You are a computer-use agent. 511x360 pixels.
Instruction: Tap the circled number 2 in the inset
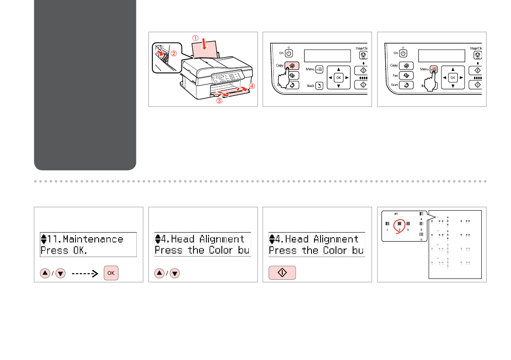[174, 54]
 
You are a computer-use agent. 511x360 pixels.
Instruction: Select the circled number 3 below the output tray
[219, 101]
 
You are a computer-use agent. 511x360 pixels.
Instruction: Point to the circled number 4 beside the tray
[252, 86]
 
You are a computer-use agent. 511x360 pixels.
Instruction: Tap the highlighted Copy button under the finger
[288, 66]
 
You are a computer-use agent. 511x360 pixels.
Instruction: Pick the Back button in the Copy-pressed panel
[319, 86]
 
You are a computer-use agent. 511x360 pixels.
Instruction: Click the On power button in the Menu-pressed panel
[403, 54]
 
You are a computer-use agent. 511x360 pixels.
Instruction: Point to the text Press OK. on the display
[63, 250]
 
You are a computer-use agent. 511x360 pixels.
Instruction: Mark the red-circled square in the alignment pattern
[399, 224]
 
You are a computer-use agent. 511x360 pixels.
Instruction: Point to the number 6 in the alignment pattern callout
[421, 239]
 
